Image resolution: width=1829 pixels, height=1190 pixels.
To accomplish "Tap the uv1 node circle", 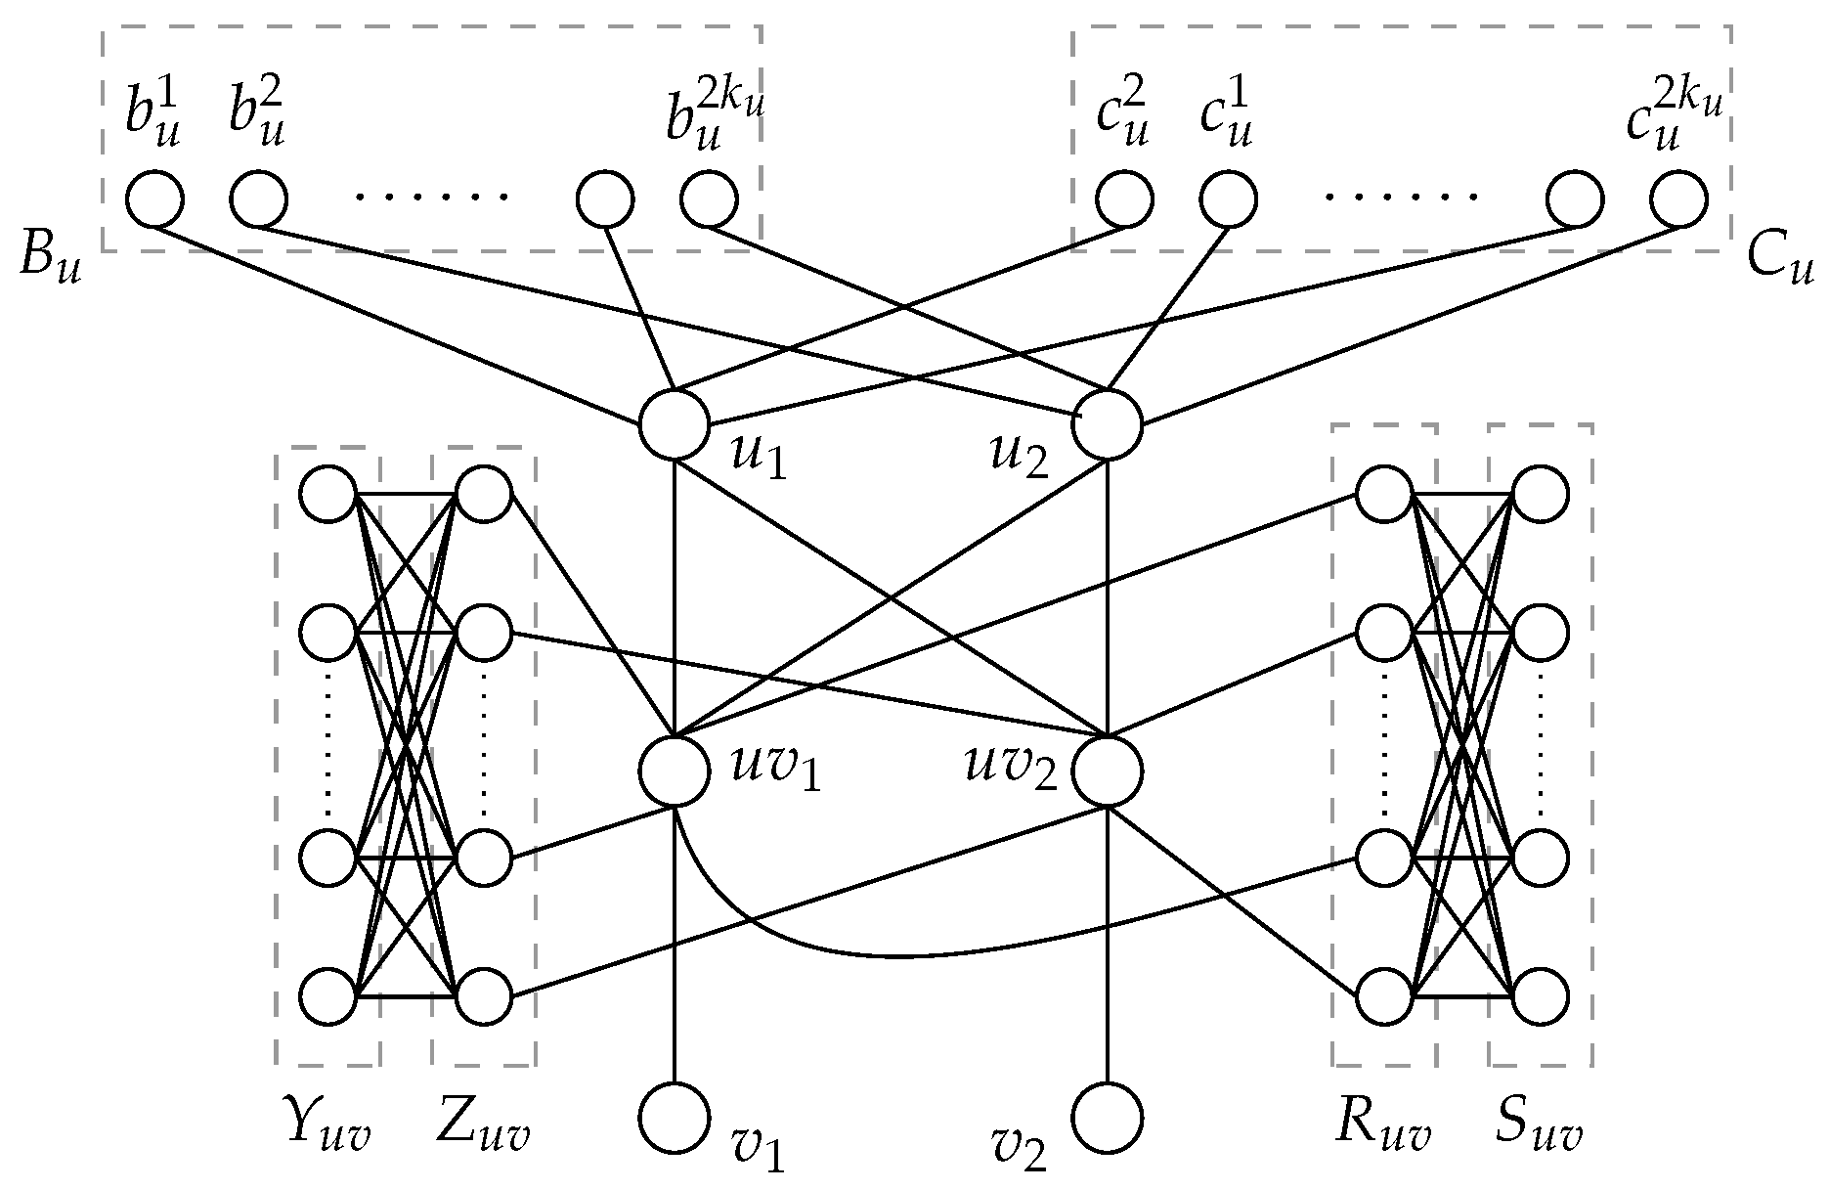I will (674, 771).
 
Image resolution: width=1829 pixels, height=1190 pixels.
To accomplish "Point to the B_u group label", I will (49, 262).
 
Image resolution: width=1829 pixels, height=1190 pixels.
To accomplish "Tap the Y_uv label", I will (326, 1132).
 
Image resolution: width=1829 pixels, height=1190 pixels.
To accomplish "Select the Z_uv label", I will (482, 1132).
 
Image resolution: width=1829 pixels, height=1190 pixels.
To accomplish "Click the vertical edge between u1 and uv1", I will (674, 596).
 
